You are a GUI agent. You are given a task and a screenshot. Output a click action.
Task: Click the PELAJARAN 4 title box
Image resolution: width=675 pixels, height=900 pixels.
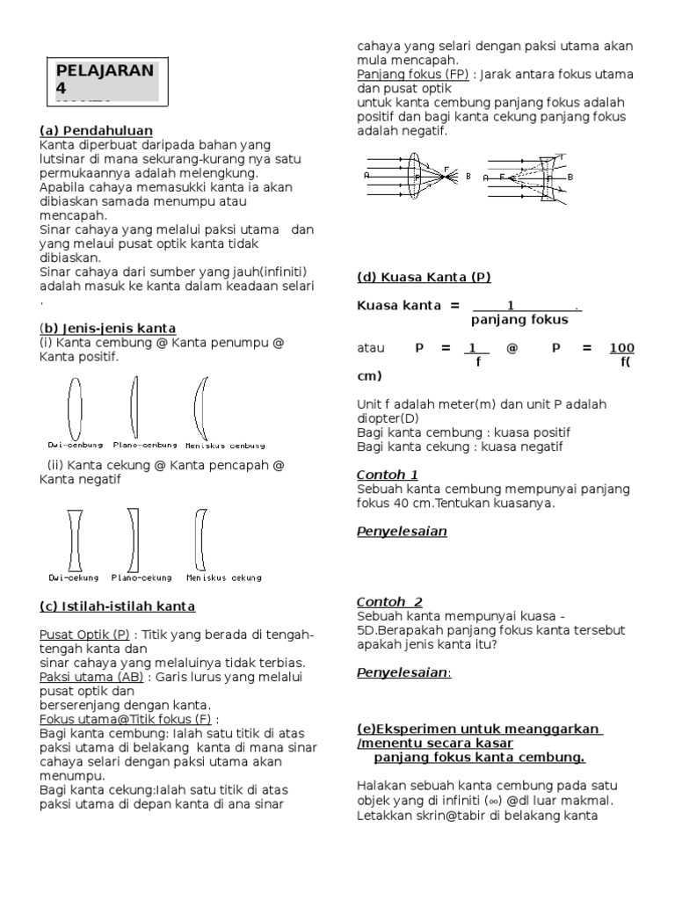tap(105, 80)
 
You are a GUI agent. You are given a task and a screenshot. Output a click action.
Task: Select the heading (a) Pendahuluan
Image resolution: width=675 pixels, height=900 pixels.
tap(97, 130)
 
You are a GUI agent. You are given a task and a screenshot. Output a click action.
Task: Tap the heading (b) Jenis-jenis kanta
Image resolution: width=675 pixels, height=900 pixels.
tap(108, 328)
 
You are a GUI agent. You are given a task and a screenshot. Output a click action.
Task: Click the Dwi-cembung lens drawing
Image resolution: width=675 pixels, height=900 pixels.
tap(75, 406)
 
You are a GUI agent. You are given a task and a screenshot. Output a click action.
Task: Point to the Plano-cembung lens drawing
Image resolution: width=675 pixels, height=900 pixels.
tap(134, 406)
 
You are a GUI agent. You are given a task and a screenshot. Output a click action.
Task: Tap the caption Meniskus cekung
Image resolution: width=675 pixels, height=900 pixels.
tap(224, 577)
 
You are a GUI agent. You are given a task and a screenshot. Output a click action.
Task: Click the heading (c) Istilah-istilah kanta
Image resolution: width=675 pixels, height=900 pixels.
tap(118, 606)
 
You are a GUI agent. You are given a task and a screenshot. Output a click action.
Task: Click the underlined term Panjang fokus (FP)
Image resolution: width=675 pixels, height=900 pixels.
tap(412, 75)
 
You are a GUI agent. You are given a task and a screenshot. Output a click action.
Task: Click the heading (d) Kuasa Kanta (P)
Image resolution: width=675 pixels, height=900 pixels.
tap(424, 277)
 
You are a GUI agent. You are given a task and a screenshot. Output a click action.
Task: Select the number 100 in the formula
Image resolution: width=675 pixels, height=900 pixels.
tap(621, 348)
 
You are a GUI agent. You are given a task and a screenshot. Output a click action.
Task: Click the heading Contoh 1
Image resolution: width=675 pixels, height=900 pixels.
tap(388, 475)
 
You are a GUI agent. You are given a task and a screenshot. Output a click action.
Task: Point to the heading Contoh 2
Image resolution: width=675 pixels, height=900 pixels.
tap(389, 602)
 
